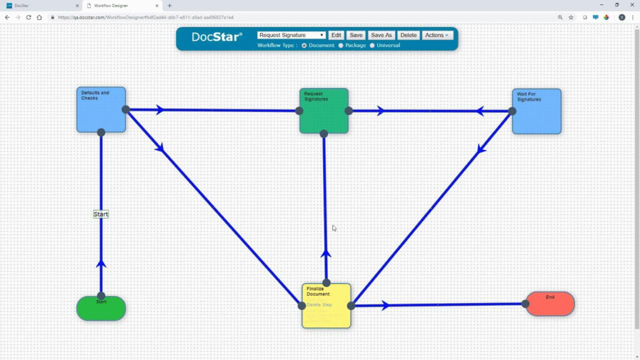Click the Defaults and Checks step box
tap(101, 110)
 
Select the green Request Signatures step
tap(324, 111)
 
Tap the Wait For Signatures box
tap(536, 112)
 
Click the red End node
tap(550, 304)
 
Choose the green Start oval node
tap(101, 308)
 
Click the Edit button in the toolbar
tap(336, 36)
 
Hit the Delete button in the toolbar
tap(408, 36)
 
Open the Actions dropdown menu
tap(436, 36)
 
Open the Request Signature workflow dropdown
tap(291, 36)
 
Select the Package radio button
tap(341, 46)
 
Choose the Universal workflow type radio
tap(372, 46)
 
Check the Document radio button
tap(304, 46)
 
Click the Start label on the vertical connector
tap(101, 214)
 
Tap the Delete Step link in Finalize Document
tap(319, 305)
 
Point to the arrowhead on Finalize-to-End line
tap(385, 306)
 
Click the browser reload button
tap(29, 17)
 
